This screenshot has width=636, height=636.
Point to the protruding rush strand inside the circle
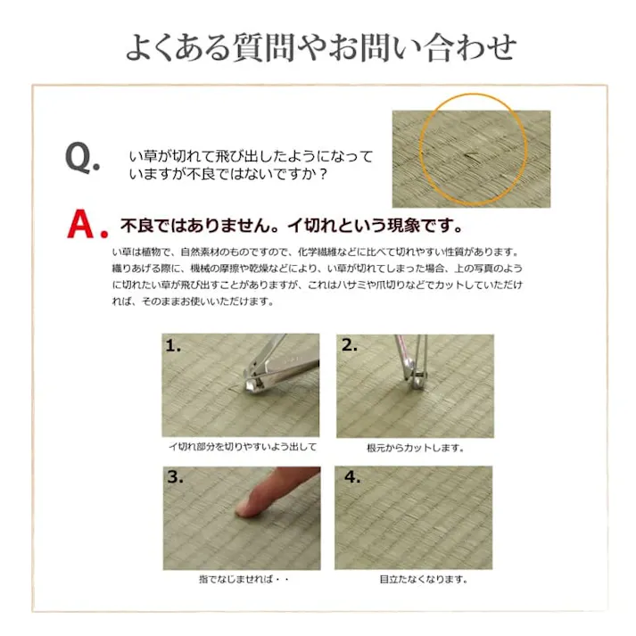pyautogui.click(x=468, y=159)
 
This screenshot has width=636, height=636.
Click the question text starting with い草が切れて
pyautogui.click(x=251, y=165)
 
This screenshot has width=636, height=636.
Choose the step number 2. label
pyautogui.click(x=349, y=346)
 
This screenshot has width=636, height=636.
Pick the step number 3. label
pyautogui.click(x=174, y=477)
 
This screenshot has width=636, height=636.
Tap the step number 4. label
pyautogui.click(x=351, y=477)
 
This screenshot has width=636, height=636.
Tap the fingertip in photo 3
pyautogui.click(x=244, y=506)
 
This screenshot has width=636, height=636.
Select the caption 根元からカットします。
pyautogui.click(x=415, y=448)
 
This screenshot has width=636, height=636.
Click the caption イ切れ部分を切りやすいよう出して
pyautogui.click(x=243, y=448)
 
